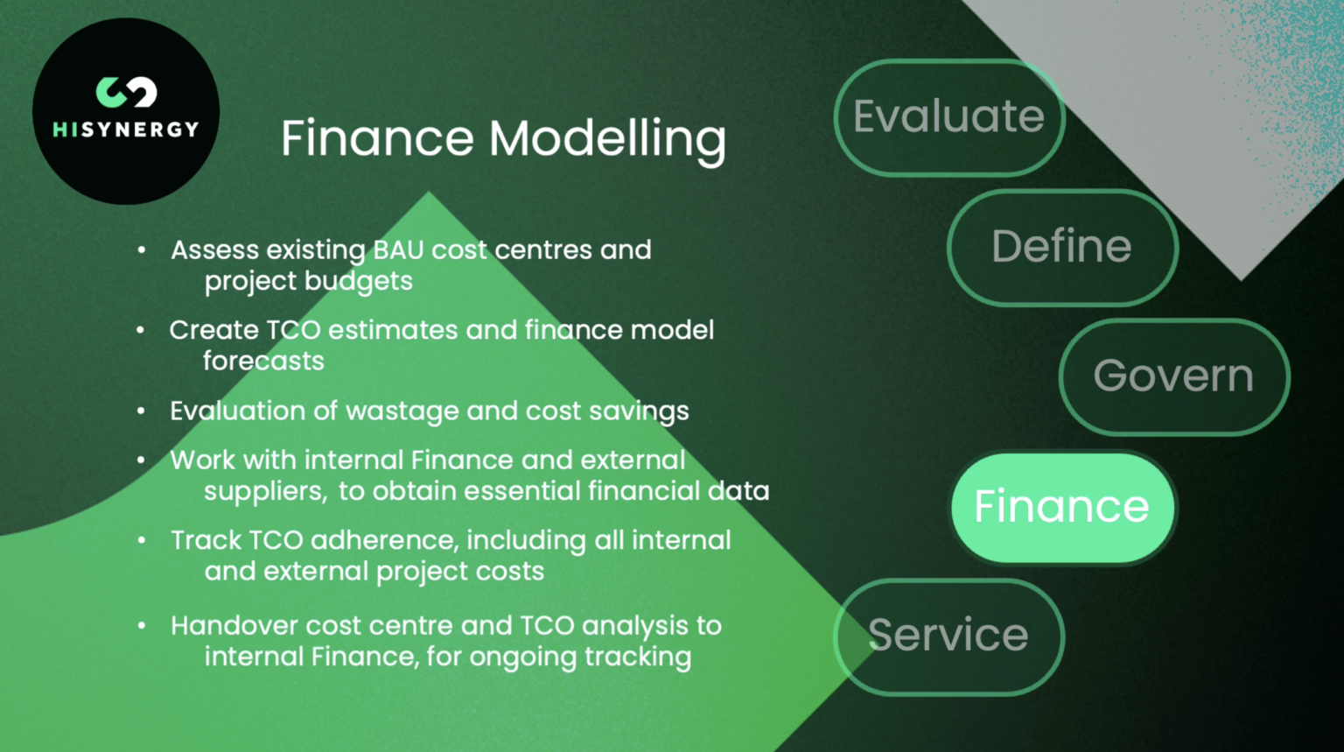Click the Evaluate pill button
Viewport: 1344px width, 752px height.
[949, 117]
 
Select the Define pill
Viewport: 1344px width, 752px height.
[1062, 247]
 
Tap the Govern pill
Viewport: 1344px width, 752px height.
[1174, 376]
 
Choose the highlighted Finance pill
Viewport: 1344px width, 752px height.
[1062, 507]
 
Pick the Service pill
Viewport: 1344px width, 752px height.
[949, 636]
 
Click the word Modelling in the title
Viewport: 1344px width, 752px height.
[607, 139]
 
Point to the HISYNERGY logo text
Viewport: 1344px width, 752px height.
[126, 130]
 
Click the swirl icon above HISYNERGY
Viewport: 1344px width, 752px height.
[126, 92]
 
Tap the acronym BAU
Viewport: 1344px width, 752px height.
[400, 250]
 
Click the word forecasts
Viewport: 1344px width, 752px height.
[263, 361]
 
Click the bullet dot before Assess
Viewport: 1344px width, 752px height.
[142, 250]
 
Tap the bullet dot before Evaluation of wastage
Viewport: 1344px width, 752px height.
[141, 411]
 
